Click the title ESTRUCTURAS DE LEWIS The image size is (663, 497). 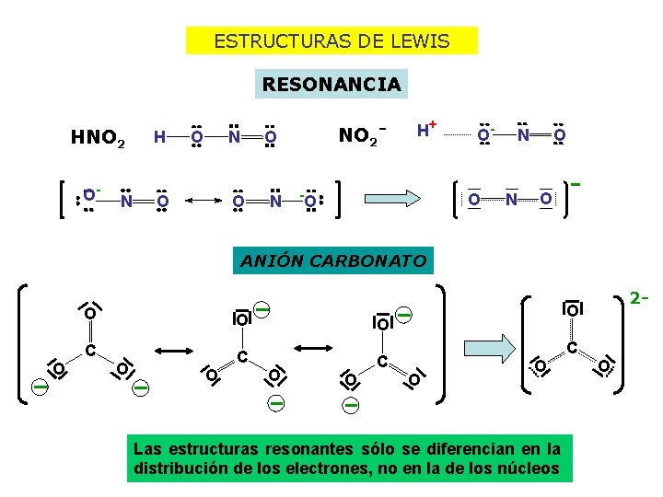coord(331,41)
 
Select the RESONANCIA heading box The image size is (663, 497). coord(331,85)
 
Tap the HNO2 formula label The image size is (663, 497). coord(99,139)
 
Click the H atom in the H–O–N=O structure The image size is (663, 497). coord(159,138)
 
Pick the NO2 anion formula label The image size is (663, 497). coord(360,136)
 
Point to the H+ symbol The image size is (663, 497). coord(425,130)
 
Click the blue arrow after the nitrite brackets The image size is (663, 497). coord(394,197)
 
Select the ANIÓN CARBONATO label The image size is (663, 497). coord(333,260)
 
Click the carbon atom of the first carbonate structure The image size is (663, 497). coord(90,350)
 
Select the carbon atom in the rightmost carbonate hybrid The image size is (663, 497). coord(572,348)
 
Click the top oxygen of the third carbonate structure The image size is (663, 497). coord(383,322)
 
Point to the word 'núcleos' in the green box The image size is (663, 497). coord(529,468)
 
